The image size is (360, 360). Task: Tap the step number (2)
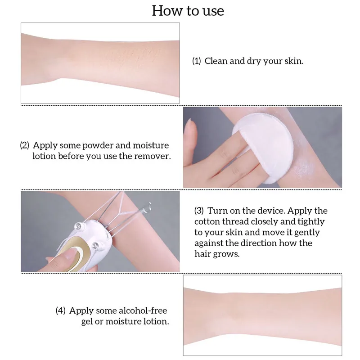(x=25, y=145)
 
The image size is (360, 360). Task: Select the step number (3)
(x=199, y=211)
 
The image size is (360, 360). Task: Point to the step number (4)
(x=61, y=310)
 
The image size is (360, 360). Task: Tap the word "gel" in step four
(x=76, y=321)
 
